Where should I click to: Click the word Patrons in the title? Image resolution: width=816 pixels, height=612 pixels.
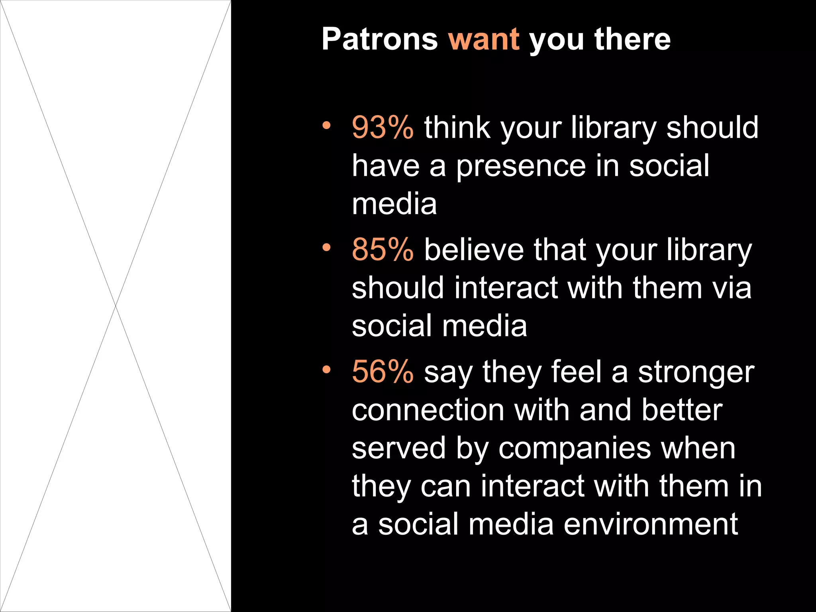tap(379, 39)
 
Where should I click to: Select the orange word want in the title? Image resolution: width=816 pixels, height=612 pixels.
tap(484, 39)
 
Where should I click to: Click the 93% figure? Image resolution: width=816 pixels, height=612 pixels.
tap(382, 127)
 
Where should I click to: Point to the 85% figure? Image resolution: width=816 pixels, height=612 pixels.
tap(382, 250)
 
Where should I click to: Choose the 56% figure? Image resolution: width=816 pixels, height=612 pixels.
tap(382, 372)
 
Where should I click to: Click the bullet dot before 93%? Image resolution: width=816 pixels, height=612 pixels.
tap(327, 126)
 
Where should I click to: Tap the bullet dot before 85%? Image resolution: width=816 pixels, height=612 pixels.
tap(327, 248)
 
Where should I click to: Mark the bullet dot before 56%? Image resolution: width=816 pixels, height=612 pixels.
tap(327, 370)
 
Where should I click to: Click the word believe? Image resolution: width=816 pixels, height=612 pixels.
tap(474, 250)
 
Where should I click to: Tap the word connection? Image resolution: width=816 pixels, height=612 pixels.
tap(428, 410)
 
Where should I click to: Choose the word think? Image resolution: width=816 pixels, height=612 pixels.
tap(457, 127)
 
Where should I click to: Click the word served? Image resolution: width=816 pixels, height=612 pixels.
tap(398, 448)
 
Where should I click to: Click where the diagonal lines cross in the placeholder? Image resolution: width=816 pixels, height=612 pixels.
tap(116, 306)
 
